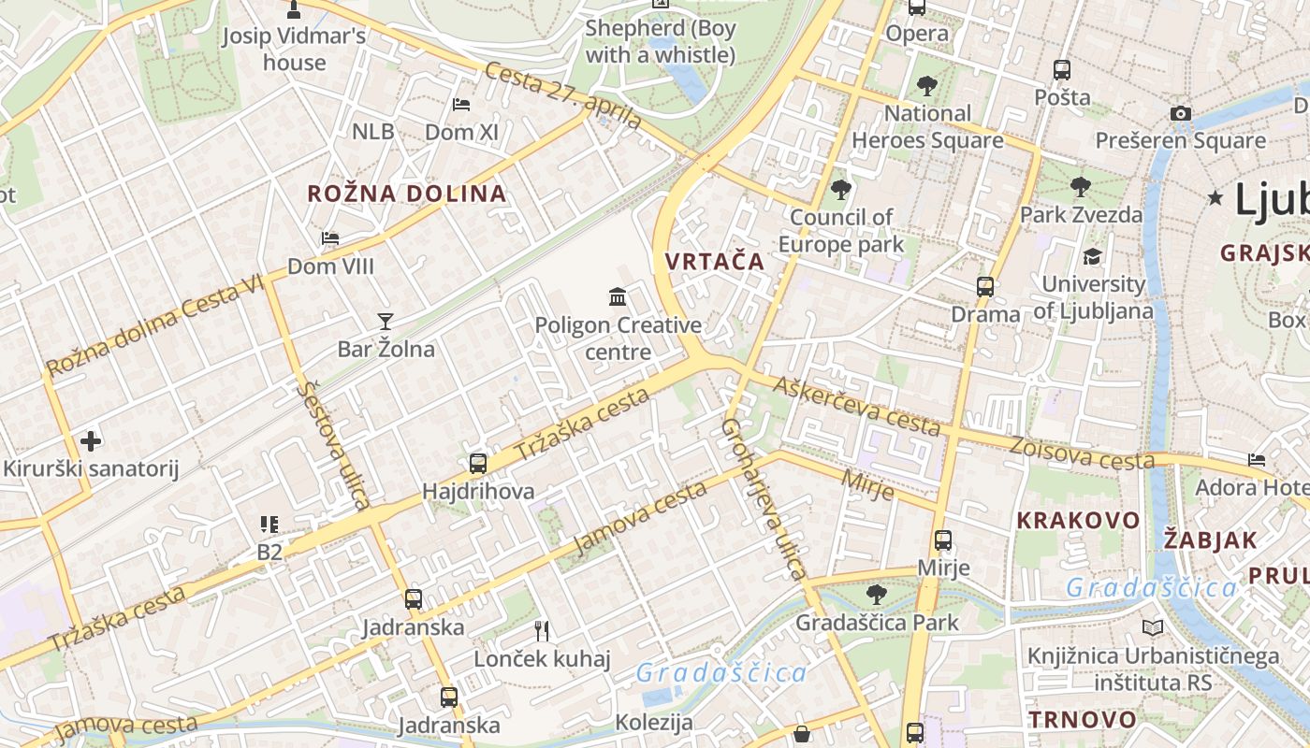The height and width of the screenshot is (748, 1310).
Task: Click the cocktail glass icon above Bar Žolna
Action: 385,322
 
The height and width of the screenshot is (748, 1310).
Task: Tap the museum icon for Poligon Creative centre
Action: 618,297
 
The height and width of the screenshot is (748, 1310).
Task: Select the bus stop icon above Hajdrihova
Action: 478,463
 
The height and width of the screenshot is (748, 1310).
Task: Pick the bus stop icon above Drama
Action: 985,287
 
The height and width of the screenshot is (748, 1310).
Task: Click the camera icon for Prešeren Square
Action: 1181,114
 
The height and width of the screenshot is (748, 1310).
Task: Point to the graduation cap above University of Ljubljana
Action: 1092,256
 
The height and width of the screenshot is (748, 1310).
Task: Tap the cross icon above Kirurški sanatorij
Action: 91,440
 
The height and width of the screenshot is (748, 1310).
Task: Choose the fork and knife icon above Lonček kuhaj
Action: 541,631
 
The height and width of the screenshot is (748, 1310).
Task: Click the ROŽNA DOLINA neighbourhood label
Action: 407,194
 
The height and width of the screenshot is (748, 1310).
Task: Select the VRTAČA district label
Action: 715,262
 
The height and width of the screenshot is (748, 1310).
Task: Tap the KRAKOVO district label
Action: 1079,521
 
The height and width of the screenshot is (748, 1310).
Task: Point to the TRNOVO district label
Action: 1083,720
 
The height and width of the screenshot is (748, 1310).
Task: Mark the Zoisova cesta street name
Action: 1082,453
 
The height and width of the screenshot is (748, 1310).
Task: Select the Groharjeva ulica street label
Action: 764,498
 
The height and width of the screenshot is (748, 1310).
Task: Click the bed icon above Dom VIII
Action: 330,238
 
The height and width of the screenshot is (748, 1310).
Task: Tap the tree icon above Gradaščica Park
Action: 877,593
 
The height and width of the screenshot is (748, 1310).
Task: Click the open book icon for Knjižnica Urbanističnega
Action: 1152,628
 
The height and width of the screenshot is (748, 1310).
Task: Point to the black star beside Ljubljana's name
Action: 1215,197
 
